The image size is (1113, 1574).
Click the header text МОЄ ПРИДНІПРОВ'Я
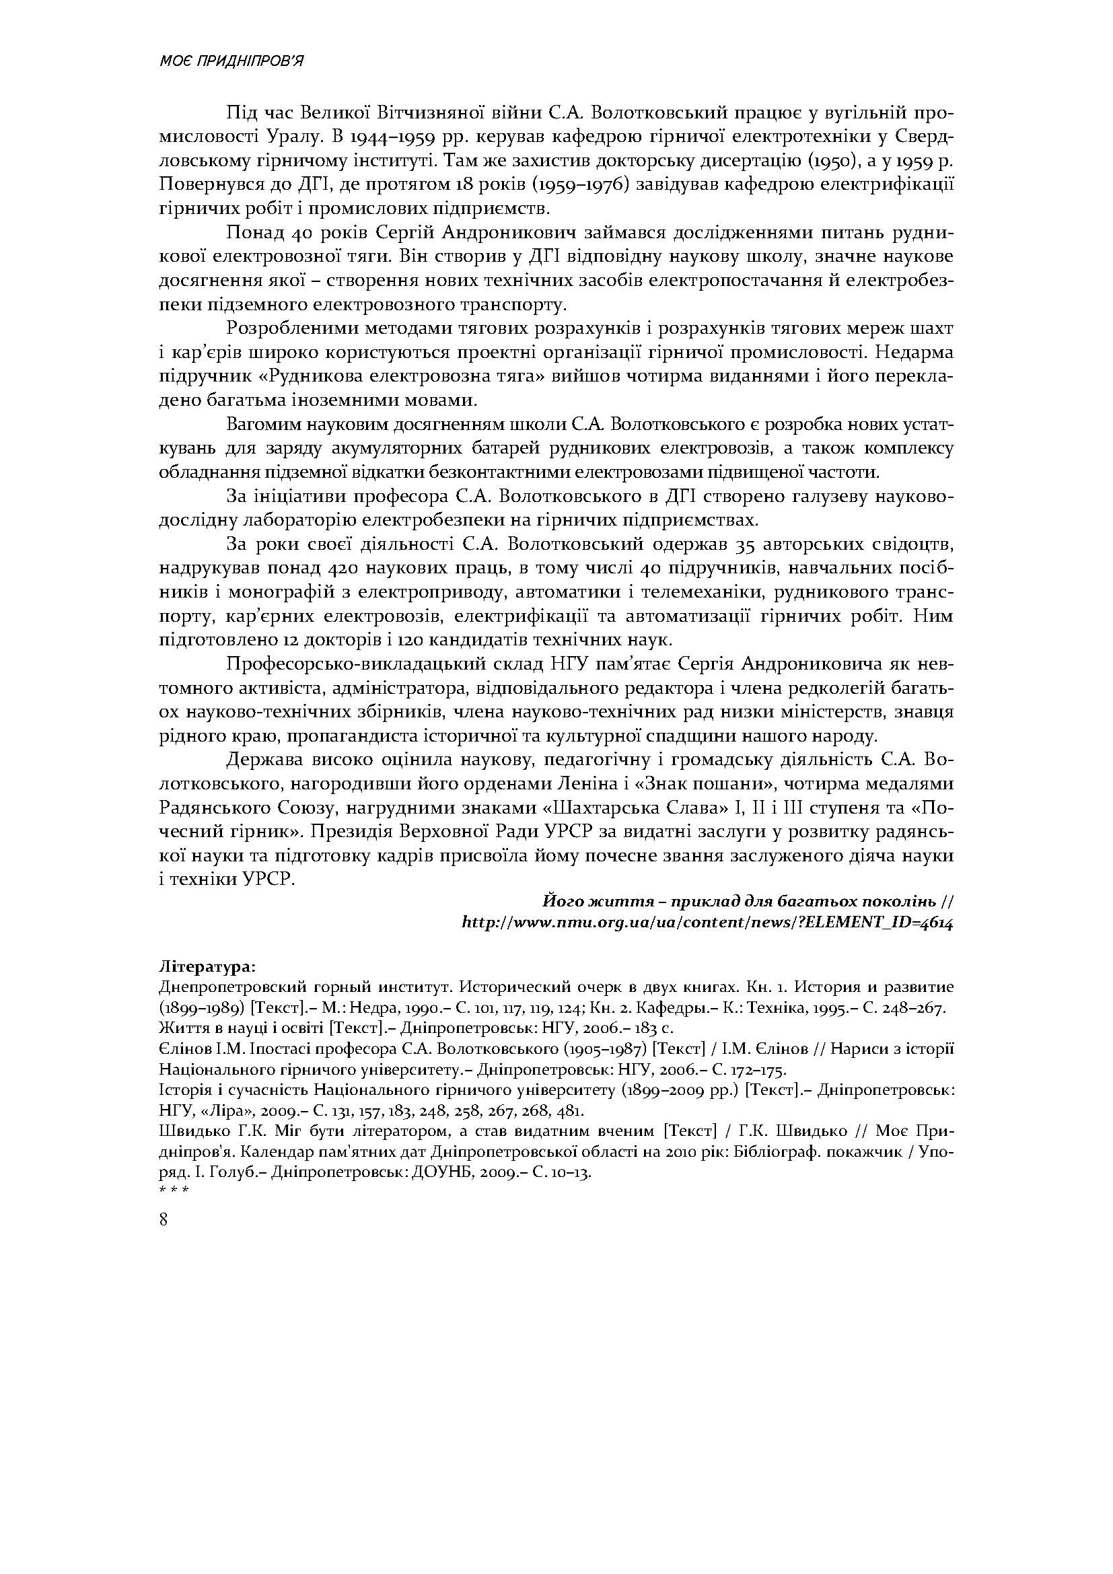[x=231, y=62]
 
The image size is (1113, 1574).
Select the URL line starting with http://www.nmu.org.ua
[x=709, y=923]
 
